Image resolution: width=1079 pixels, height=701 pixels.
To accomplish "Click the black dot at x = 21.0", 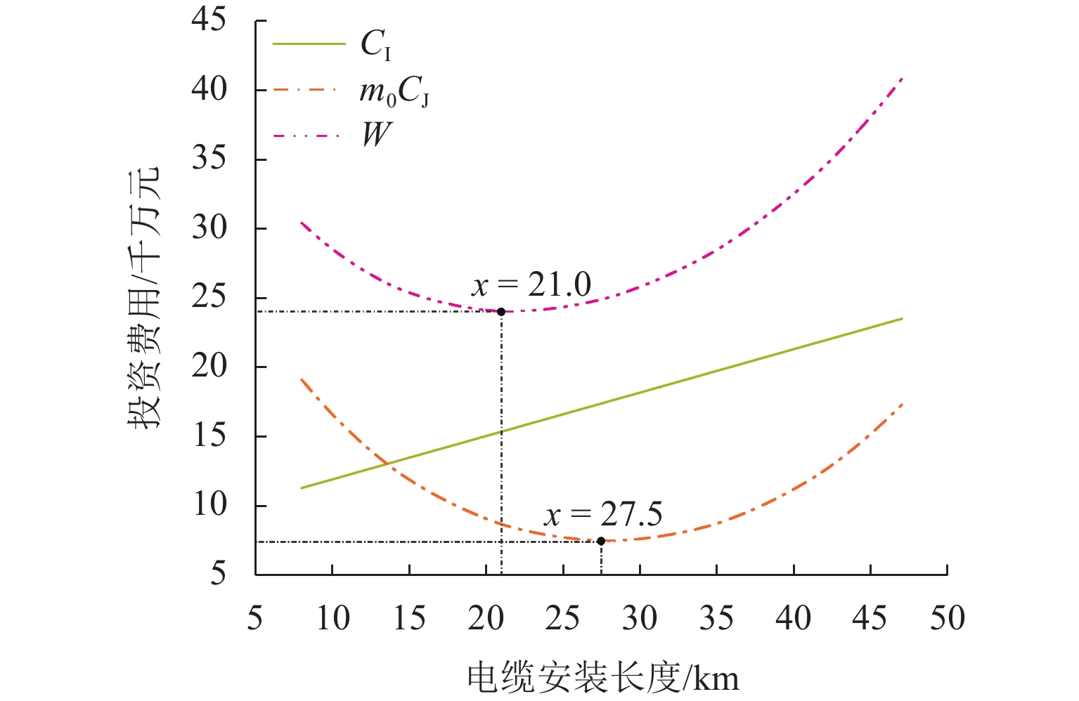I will pos(501,312).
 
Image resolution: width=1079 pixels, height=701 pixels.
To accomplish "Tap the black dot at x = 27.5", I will pos(601,541).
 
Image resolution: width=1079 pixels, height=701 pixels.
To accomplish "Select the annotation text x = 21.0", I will pos(531,285).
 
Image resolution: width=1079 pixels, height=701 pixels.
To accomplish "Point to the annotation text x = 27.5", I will pos(603,515).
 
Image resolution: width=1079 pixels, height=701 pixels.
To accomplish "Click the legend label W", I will pos(376,134).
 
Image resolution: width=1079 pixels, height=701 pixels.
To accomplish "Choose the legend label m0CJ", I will pos(394,91).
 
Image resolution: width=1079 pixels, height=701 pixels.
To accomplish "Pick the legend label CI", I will pos(376,45).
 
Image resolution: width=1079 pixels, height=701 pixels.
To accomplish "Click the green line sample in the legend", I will pos(309,44).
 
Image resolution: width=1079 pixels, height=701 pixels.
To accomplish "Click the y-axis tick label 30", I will pos(209,228).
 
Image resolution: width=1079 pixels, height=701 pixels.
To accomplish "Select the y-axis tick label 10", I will pos(209,505).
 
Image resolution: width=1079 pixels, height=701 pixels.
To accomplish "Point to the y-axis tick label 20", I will pos(209,366).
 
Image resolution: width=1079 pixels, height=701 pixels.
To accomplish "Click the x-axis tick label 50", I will pos(947,619).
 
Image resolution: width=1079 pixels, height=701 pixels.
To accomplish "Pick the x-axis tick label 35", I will pos(716,619).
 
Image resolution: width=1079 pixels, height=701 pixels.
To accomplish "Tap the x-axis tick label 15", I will pos(409,619).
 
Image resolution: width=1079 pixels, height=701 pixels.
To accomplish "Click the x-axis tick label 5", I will pos(255,619).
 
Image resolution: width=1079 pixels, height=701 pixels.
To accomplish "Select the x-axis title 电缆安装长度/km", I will pos(603,678).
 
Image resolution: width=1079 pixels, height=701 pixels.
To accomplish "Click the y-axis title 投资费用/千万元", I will pos(144,298).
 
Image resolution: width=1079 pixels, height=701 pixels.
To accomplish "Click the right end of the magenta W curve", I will pos(902,78).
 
